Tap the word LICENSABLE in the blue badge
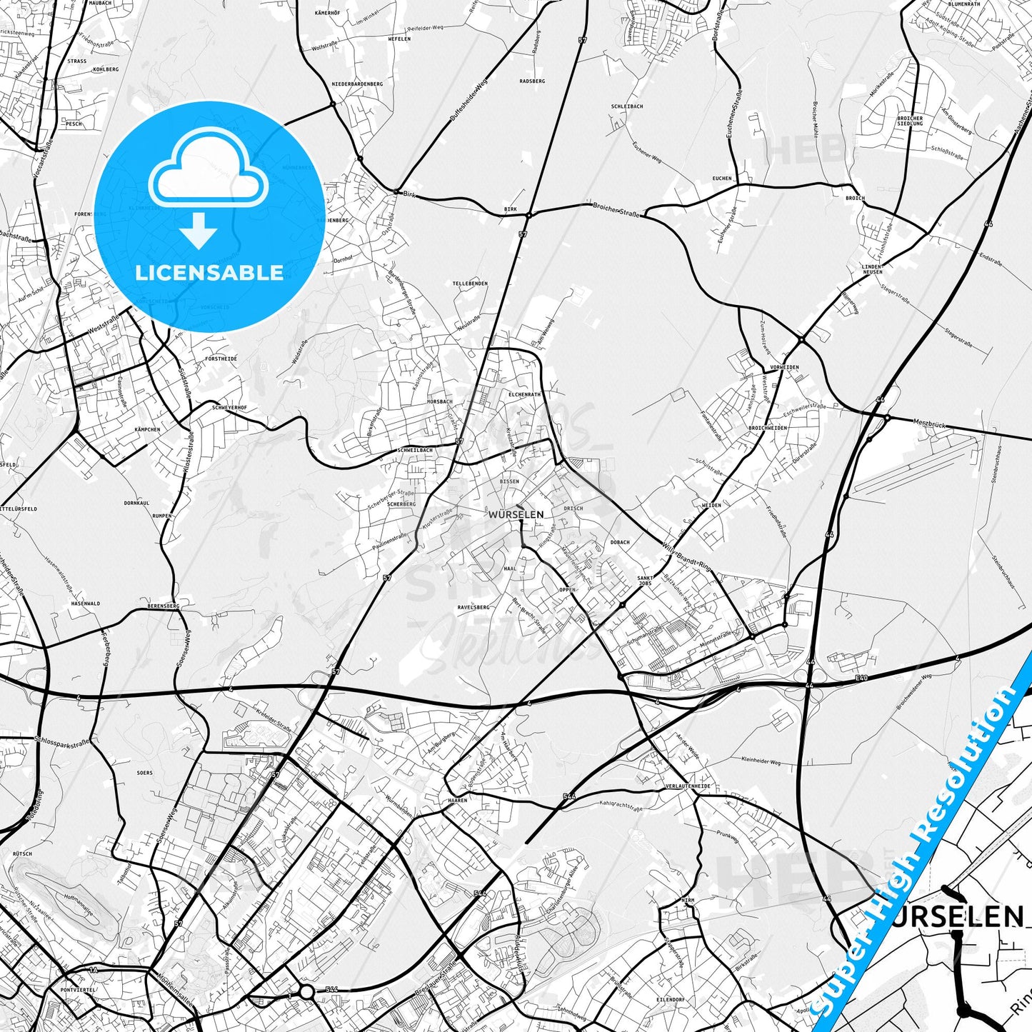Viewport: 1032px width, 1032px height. pyautogui.click(x=209, y=272)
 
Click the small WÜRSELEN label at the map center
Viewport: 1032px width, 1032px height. pyautogui.click(x=516, y=514)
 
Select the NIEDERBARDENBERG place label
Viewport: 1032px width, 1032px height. pyautogui.click(x=357, y=84)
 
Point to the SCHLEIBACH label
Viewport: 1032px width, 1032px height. pyautogui.click(x=627, y=106)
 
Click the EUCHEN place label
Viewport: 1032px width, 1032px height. pyautogui.click(x=722, y=179)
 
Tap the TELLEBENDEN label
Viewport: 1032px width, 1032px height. pyautogui.click(x=470, y=284)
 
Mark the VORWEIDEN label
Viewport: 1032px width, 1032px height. pyautogui.click(x=784, y=367)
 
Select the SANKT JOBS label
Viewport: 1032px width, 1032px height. pyautogui.click(x=645, y=581)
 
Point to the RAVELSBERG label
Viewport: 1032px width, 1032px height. pyautogui.click(x=474, y=607)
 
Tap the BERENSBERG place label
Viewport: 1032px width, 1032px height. pyautogui.click(x=163, y=606)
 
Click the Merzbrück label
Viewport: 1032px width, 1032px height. pyautogui.click(x=928, y=424)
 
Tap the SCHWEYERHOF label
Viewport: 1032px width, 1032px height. pyautogui.click(x=229, y=407)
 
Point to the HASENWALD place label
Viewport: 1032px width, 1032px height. pyautogui.click(x=86, y=603)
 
